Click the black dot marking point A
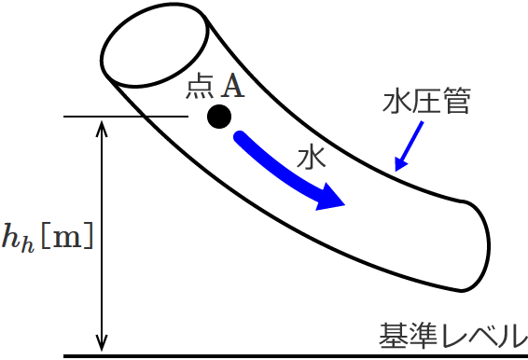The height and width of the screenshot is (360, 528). (x=219, y=117)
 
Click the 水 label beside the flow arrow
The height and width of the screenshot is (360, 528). (x=311, y=157)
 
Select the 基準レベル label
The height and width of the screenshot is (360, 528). (x=452, y=334)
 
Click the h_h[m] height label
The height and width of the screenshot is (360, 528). (x=48, y=236)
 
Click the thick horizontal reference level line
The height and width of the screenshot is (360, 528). (x=280, y=355)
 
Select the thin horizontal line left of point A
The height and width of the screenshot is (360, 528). (x=126, y=117)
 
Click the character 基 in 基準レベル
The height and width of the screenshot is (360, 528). (x=389, y=334)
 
